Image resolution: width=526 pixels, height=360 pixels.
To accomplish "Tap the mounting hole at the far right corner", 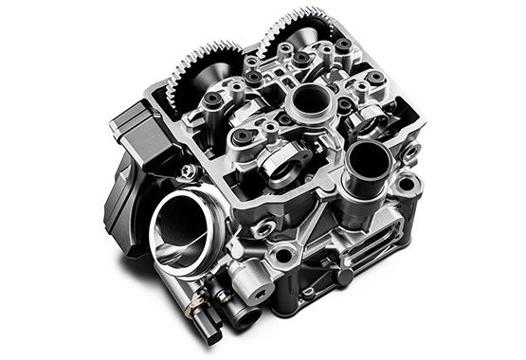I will click(407, 184).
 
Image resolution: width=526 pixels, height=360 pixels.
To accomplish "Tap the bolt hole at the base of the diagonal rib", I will click(282, 255).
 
